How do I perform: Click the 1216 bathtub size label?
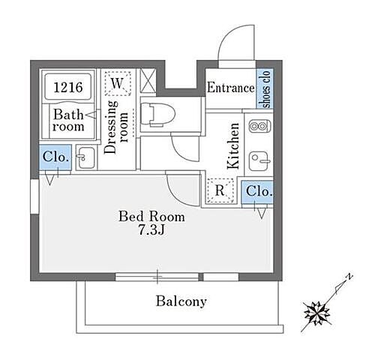pos(68,87)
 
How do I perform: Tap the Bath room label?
pos(68,120)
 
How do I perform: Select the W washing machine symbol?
pos(118,83)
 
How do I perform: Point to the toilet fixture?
pos(157,115)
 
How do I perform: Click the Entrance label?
pos(231,88)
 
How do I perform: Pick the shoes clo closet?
pos(265,88)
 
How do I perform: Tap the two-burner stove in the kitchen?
pos(259,126)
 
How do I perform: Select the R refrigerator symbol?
pos(220,190)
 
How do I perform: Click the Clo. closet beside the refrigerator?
pos(257,192)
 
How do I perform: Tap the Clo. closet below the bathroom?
pos(55,157)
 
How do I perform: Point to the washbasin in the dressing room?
pos(85,157)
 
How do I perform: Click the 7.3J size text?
pos(151,230)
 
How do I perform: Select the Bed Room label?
pos(151,217)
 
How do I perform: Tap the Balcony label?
pos(181,301)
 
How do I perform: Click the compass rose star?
pos(316,313)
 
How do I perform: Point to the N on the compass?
pos(349,277)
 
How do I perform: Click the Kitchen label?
pos(232,145)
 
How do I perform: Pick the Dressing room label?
pos(115,127)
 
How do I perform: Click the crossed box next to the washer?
pos(148,80)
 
